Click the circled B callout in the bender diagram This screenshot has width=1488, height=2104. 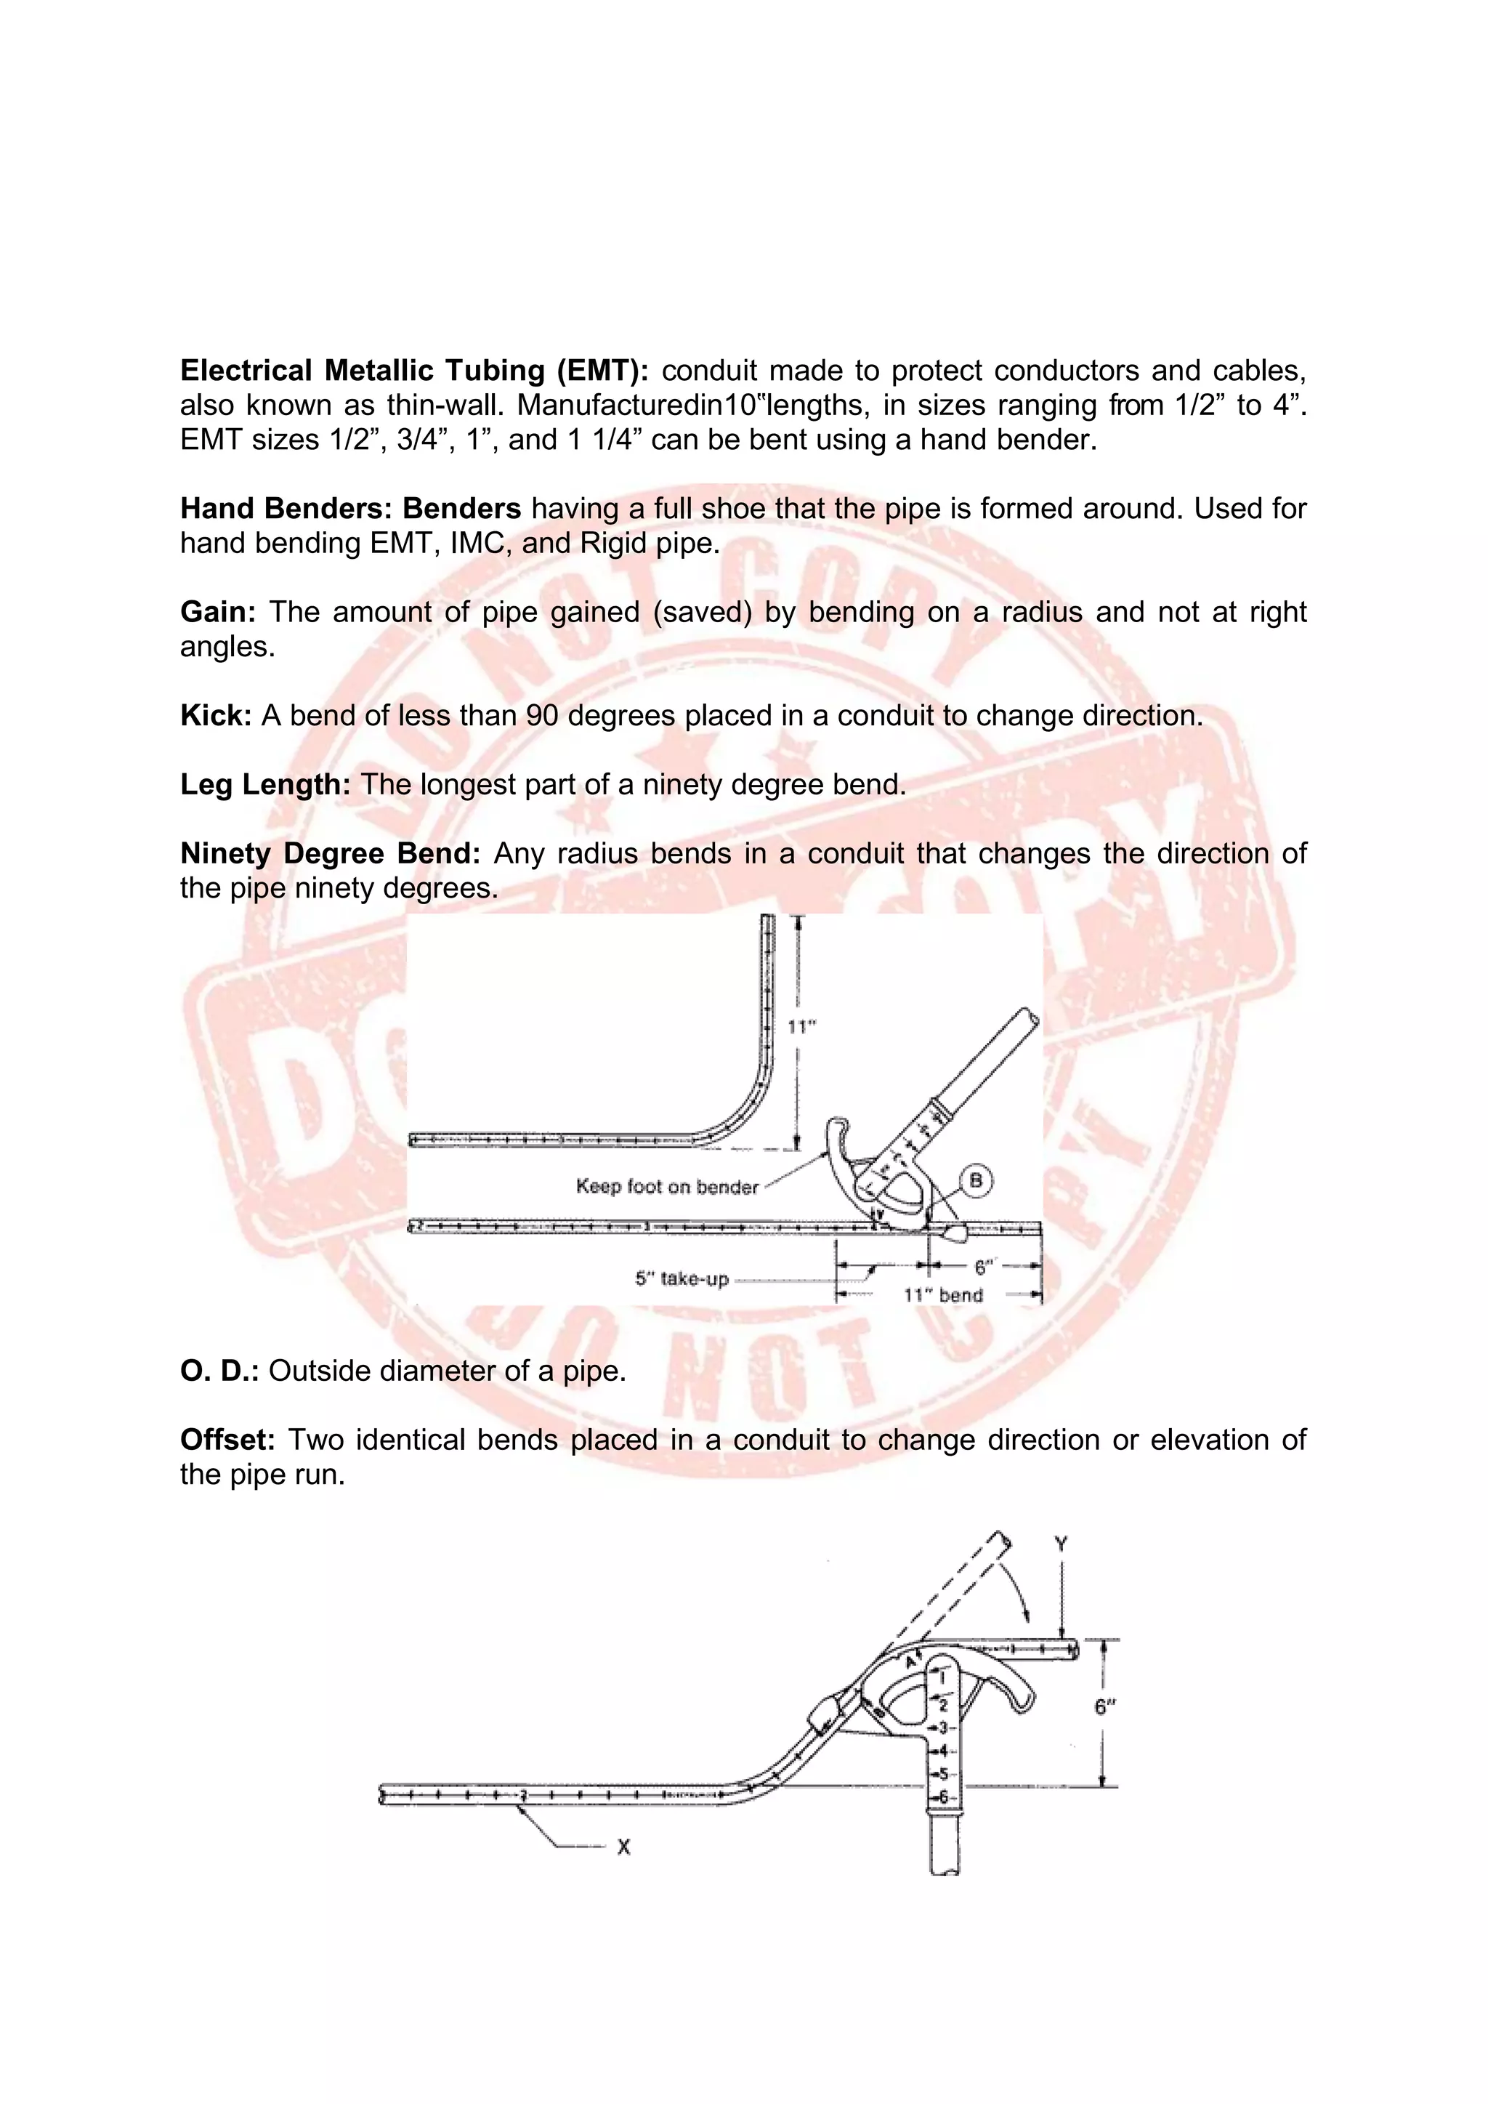tap(976, 1180)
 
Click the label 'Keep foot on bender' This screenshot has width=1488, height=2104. tap(667, 1187)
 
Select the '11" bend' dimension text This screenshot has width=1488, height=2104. tap(943, 1295)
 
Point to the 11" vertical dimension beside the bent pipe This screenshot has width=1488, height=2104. tap(801, 1027)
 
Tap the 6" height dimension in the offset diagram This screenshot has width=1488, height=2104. tap(1106, 1706)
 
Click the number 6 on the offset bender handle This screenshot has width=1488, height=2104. tap(943, 1797)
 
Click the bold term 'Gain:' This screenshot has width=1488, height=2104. tap(218, 612)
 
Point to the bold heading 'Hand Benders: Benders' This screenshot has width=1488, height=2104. tap(350, 509)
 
